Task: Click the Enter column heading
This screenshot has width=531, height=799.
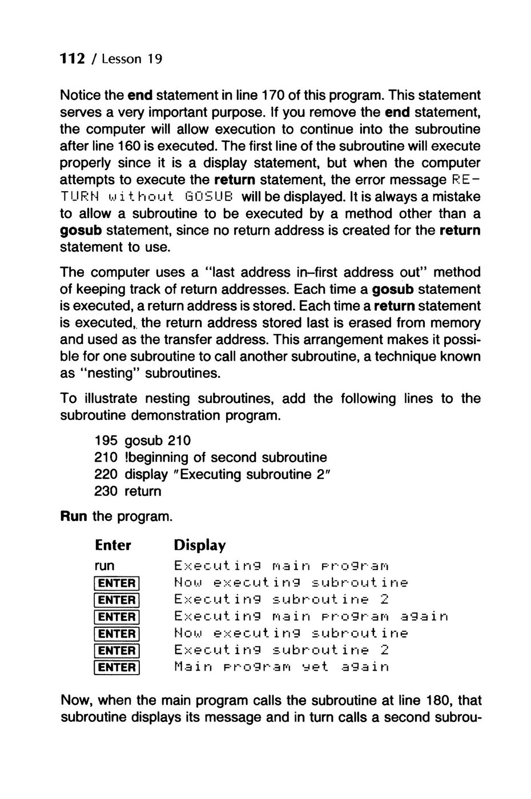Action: pyautogui.click(x=113, y=546)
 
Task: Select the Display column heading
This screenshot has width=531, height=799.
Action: pyautogui.click(x=200, y=546)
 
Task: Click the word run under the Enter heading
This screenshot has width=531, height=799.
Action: pyautogui.click(x=104, y=566)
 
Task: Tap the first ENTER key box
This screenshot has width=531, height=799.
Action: pyautogui.click(x=116, y=583)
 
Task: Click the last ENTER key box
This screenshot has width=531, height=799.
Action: pyautogui.click(x=116, y=667)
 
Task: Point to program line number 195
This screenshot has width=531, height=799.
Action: pyautogui.click(x=106, y=441)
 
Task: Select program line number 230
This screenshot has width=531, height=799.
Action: pyautogui.click(x=106, y=491)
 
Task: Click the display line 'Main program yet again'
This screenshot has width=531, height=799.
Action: pyautogui.click(x=281, y=667)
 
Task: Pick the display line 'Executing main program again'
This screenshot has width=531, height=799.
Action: pyautogui.click(x=311, y=616)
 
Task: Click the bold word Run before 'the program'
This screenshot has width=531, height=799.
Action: pyautogui.click(x=74, y=516)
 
